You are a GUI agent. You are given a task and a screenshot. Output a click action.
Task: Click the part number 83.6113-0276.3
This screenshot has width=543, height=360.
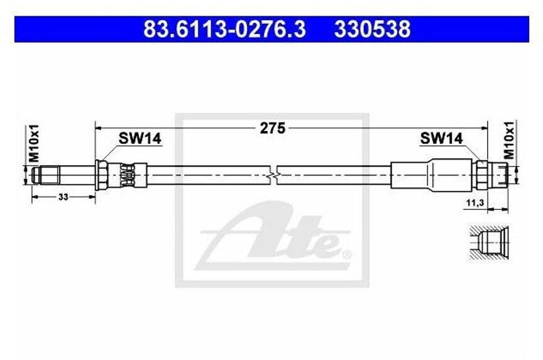point(224,29)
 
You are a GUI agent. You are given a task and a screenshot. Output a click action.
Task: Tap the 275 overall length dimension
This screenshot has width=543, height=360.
point(272,128)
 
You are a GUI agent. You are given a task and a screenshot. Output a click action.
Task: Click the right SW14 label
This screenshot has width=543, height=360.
point(441,138)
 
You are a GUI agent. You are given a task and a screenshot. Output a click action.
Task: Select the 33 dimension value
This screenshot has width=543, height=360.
point(63,197)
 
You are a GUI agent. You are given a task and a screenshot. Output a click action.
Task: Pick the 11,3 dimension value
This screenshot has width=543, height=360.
point(475,203)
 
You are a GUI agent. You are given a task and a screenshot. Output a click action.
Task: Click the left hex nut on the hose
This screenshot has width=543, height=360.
point(101,174)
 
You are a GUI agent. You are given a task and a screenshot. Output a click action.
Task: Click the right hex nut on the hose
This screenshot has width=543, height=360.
point(481,174)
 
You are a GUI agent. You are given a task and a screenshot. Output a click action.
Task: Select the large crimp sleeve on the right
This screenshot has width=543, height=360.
point(431,174)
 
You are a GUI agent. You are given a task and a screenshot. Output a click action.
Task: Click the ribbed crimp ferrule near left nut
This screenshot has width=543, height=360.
point(127,174)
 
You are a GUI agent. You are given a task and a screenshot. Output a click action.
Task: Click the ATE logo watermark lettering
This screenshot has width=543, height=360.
point(277,236)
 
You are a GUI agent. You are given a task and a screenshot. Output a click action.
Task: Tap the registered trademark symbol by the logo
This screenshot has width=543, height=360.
point(346,255)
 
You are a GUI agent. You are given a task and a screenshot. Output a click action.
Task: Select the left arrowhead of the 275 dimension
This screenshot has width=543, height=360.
point(98,128)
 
